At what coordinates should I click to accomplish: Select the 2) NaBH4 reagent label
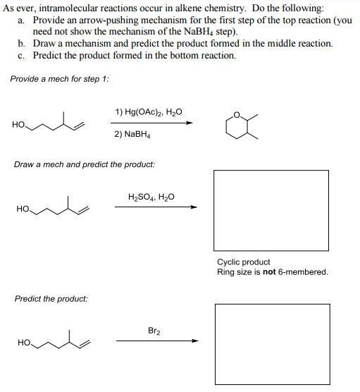point(132,133)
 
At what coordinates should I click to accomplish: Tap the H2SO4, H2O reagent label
point(151,197)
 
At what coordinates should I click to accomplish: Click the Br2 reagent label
point(154,330)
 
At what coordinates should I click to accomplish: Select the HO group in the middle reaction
point(23,209)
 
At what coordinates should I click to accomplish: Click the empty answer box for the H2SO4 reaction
point(271,209)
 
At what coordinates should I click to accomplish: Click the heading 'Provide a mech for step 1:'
point(59,78)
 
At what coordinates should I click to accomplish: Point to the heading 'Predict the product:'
point(51,299)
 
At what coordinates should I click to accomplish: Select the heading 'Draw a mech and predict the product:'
point(85,164)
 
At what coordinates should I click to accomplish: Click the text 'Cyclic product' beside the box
point(244,262)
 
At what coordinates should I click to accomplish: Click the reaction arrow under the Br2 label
point(156,341)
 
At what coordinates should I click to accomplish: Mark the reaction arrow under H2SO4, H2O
point(156,207)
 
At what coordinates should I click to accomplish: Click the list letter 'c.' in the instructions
point(23,55)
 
